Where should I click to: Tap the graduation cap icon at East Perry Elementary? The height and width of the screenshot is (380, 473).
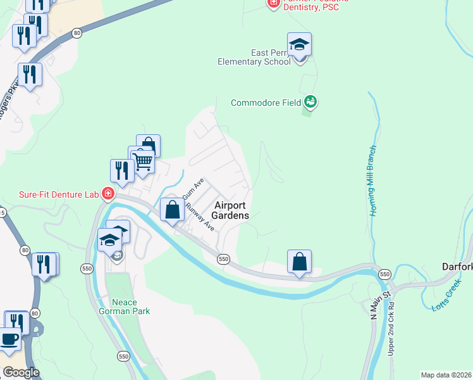tap(299, 45)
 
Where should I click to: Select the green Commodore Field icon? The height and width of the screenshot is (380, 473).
tap(310, 101)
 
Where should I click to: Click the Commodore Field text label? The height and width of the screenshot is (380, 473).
tap(265, 103)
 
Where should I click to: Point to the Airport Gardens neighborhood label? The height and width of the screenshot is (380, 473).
tap(230, 210)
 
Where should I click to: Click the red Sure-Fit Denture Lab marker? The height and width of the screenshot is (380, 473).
tap(108, 193)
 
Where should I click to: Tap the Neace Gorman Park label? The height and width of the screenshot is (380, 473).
tap(115, 307)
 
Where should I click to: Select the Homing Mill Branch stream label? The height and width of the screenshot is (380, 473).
tap(373, 180)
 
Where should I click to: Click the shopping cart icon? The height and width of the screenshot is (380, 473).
tap(143, 162)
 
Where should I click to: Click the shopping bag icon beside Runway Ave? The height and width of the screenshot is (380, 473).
tap(172, 210)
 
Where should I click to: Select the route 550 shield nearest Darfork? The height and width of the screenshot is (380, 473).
tap(384, 274)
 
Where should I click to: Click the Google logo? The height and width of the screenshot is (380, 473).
tap(21, 372)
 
